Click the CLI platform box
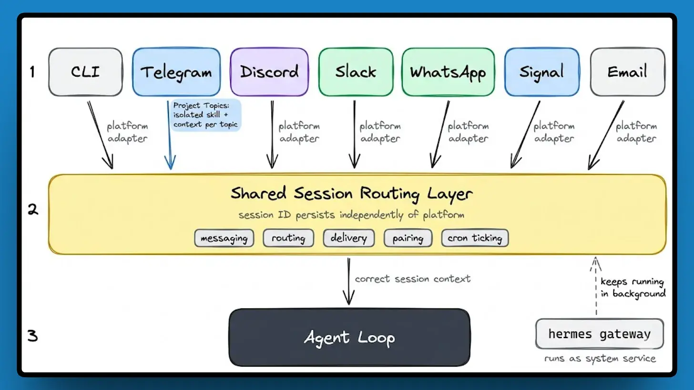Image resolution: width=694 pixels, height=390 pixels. click(85, 72)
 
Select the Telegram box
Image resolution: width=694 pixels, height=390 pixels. click(176, 72)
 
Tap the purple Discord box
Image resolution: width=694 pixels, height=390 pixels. click(269, 72)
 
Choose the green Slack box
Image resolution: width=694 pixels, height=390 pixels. click(356, 72)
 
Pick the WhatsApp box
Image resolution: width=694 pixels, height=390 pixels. click(448, 72)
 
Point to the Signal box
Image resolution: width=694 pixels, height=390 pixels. click(542, 72)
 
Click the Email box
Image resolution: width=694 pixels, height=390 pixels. click(627, 72)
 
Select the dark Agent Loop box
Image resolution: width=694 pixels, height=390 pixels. click(349, 338)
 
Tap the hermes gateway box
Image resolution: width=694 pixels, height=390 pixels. click(599, 334)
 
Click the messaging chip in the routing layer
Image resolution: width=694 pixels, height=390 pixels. click(224, 238)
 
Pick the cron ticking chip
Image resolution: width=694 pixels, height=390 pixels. click(475, 238)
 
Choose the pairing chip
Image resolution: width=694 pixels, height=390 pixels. click(408, 238)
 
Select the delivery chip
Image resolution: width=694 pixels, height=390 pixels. click(348, 238)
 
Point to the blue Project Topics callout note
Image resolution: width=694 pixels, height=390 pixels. click(205, 115)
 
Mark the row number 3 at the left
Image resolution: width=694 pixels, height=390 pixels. click(32, 336)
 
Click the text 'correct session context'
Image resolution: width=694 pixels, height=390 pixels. click(413, 279)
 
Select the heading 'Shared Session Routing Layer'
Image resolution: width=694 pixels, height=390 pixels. click(352, 193)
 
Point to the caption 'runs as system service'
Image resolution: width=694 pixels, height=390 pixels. click(600, 359)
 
